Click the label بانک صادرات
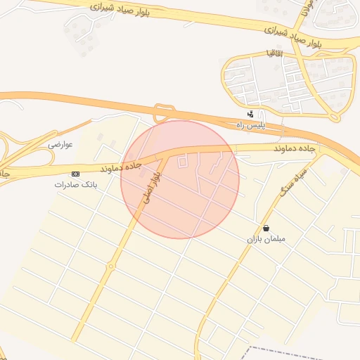[x=75, y=184]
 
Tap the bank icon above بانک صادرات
[x=75, y=173]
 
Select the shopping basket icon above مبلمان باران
[x=266, y=228]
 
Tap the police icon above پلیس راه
[x=250, y=113]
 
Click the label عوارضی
[x=60, y=144]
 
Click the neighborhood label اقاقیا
[x=274, y=53]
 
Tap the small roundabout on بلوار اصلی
[x=111, y=266]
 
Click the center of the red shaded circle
[x=180, y=179]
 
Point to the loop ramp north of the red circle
[x=165, y=112]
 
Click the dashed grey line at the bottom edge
[x=295, y=352]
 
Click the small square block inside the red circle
[x=183, y=162]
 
